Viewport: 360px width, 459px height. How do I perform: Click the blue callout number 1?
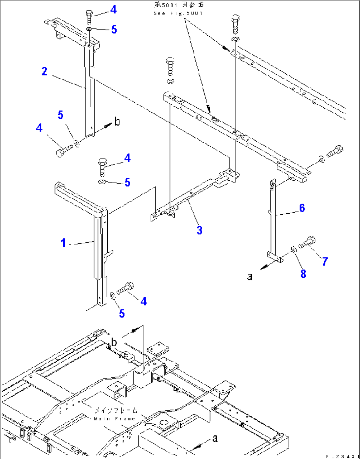tap(63, 243)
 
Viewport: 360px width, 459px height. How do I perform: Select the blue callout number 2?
tap(45, 71)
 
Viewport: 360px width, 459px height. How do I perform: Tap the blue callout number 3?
tap(199, 230)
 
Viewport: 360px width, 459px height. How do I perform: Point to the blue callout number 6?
tap(302, 208)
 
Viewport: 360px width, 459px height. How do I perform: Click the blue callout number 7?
tap(325, 262)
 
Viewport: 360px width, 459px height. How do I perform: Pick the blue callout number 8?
tap(303, 274)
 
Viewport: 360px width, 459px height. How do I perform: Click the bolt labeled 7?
tap(307, 242)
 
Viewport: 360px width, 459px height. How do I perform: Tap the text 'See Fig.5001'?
tap(178, 14)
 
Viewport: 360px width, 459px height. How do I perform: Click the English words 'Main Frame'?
tap(115, 419)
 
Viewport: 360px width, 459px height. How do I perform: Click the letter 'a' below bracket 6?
tap(250, 277)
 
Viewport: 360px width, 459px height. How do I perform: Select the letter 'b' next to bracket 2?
tap(117, 122)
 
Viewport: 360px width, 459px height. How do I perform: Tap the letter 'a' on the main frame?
tap(215, 438)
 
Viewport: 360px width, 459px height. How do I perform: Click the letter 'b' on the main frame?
tap(114, 342)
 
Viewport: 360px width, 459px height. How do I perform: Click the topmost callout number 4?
tap(113, 10)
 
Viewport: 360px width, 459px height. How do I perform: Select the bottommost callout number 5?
tap(122, 313)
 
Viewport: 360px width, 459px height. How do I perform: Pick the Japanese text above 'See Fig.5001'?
tap(179, 5)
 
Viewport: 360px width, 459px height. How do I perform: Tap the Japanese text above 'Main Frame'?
tap(116, 410)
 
